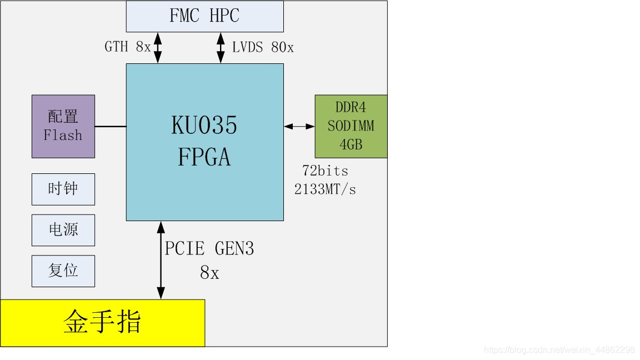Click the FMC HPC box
tap(204, 16)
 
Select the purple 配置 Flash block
tap(63, 126)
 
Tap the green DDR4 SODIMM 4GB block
tap(351, 126)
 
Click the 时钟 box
tap(63, 189)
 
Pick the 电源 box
tap(63, 230)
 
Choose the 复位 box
tap(63, 271)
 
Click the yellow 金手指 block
tap(102, 323)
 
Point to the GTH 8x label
tap(127, 47)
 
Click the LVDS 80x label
tap(263, 48)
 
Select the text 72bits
tap(325, 171)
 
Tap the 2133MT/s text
tap(325, 189)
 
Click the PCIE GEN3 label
tap(209, 248)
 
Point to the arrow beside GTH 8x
tap(158, 48)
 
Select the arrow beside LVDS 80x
tap(221, 48)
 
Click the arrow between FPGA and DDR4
tap(299, 127)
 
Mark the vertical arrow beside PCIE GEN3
tap(161, 260)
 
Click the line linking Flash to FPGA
tap(111, 127)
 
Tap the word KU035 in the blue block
tap(204, 126)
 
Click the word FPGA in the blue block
tap(204, 158)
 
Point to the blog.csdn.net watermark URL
tap(559, 350)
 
